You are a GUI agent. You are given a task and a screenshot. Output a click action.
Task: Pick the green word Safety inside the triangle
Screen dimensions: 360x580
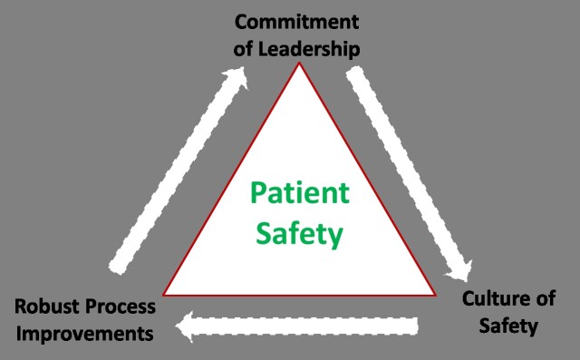tap(298, 234)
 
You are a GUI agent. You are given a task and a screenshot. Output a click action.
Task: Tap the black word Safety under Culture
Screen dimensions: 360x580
tap(510, 326)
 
